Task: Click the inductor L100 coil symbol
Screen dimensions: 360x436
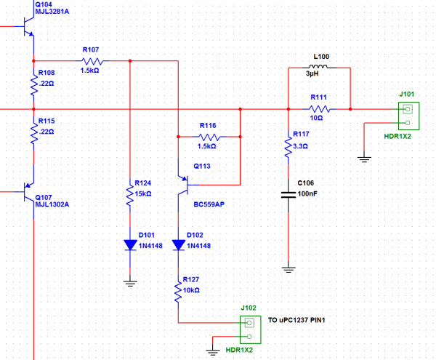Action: point(320,68)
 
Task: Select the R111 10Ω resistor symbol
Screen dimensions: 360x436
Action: point(320,109)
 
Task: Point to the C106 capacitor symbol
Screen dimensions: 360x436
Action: point(288,194)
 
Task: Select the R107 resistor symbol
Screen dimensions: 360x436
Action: point(90,61)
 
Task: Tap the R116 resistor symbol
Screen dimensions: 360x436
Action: point(209,137)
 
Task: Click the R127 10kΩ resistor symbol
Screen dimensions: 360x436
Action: point(179,292)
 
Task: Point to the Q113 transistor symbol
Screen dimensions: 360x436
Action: point(183,185)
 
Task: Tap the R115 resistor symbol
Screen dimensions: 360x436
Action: point(33,132)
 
